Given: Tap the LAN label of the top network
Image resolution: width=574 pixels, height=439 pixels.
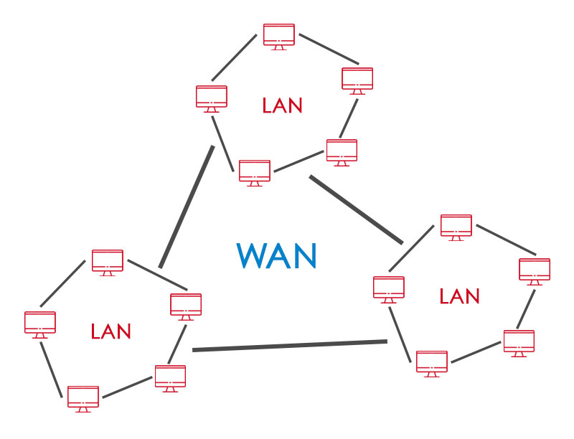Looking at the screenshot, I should [x=282, y=106].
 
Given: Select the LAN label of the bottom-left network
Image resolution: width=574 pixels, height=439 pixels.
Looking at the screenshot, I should [x=111, y=331].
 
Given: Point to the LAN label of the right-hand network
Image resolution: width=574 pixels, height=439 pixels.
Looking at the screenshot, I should [x=459, y=296].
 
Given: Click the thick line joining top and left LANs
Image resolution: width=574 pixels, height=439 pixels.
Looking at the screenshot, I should [x=187, y=207].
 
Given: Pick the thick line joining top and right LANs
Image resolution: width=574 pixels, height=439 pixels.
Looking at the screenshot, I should [x=356, y=209].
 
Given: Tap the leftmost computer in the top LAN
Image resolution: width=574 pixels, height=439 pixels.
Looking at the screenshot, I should [x=212, y=98].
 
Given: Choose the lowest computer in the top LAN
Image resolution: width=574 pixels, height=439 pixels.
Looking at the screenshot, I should [x=255, y=172].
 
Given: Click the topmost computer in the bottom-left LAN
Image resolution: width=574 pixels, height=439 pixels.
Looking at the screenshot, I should [x=108, y=261].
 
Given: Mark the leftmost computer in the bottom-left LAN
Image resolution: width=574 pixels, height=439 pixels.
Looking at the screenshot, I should [x=40, y=324].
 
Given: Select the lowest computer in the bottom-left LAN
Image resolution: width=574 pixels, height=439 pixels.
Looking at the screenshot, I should [x=83, y=397].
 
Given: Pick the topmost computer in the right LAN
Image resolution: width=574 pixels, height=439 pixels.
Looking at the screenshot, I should [x=456, y=226].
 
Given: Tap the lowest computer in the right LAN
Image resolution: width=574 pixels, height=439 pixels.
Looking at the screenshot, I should [x=432, y=362].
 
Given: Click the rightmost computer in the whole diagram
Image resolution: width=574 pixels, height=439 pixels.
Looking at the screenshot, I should [x=535, y=270].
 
